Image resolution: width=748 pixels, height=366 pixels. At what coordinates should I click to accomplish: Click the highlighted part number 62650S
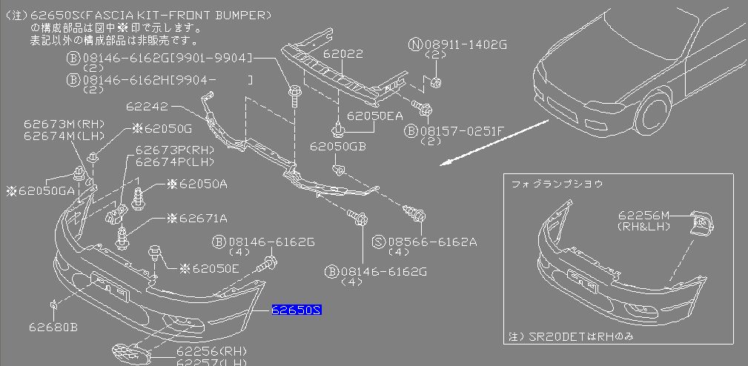(296, 310)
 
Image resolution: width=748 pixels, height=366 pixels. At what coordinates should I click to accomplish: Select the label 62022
(343, 53)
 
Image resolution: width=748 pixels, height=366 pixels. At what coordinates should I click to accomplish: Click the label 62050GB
(338, 147)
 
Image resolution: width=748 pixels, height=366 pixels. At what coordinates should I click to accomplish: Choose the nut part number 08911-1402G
(463, 44)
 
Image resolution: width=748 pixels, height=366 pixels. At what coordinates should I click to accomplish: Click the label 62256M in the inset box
(643, 216)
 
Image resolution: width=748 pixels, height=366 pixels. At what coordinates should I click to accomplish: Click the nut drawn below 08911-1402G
(436, 82)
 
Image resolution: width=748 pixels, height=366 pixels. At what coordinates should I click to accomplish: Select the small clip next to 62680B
(55, 304)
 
